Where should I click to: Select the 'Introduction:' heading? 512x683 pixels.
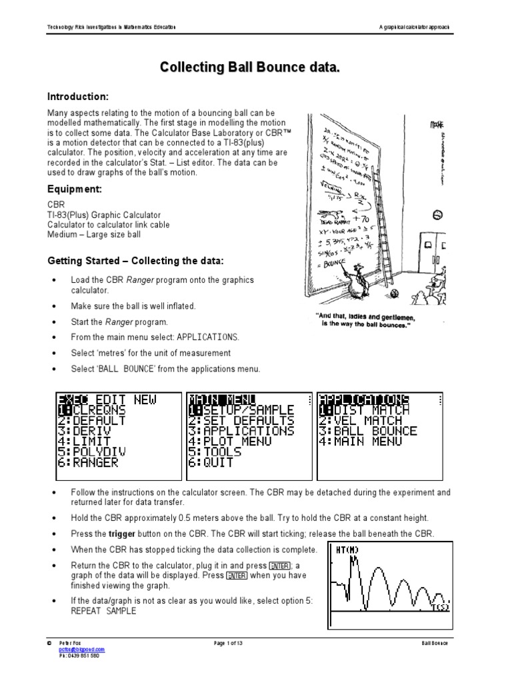77,97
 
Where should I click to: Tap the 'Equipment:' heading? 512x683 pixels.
74,189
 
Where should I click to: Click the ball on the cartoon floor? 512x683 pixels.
395,294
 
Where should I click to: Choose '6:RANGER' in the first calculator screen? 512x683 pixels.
87,462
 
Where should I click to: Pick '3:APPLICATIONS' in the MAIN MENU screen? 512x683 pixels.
241,431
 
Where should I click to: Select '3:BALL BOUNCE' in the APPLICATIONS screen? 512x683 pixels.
368,431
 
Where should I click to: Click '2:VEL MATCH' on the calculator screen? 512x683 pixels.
360,420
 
